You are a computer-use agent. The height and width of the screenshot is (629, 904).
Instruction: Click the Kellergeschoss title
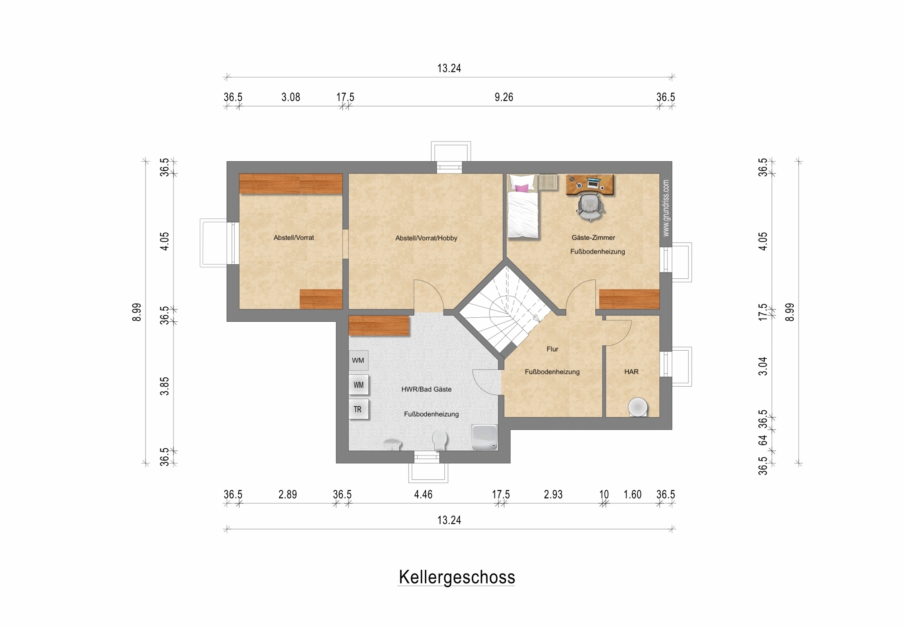coord(457,577)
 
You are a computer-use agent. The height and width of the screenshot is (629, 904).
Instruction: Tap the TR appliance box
coord(358,409)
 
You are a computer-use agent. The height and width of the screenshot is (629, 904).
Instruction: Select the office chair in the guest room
coord(590,207)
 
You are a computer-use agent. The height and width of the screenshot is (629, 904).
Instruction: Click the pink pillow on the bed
coord(522,188)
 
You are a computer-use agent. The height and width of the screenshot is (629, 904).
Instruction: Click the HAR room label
coord(631,372)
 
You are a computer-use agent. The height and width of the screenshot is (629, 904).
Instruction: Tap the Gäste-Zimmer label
coord(593,238)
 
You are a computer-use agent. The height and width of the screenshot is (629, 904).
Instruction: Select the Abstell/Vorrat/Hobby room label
coord(426,238)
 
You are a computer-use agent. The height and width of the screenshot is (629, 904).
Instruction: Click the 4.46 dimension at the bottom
coord(423,495)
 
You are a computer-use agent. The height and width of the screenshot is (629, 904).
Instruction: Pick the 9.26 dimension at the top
coord(504,98)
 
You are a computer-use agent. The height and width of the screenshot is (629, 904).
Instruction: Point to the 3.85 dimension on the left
coord(165,386)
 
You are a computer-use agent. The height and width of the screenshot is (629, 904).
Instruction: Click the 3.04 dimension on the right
coord(763,366)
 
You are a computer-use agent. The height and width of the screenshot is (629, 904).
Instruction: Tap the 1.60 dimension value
coord(632,495)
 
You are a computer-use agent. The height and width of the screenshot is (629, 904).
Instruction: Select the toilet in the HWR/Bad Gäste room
coord(439,439)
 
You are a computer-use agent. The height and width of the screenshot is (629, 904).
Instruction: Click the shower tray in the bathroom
coord(484,437)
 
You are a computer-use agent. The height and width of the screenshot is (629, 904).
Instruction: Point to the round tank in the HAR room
coord(638,407)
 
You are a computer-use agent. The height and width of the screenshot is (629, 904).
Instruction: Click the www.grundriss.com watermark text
coord(666,208)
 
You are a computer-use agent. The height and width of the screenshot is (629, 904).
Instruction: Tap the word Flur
coord(552,349)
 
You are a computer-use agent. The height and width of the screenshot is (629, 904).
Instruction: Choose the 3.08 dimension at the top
coord(291,98)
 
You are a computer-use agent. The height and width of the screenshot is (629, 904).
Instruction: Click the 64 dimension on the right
coord(763,440)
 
